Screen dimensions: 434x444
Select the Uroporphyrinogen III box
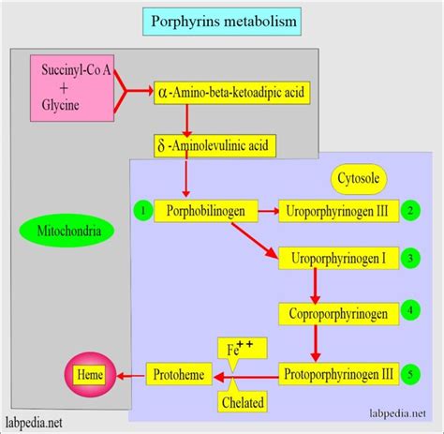point(339,211)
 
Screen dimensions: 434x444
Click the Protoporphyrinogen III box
point(339,374)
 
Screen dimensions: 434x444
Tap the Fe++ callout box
point(242,350)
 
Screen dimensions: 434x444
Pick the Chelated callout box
point(242,402)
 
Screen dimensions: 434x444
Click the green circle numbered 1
point(141,211)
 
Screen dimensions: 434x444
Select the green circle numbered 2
point(412,211)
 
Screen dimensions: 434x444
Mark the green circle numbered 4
point(412,307)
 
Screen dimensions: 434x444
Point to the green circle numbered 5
point(412,374)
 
